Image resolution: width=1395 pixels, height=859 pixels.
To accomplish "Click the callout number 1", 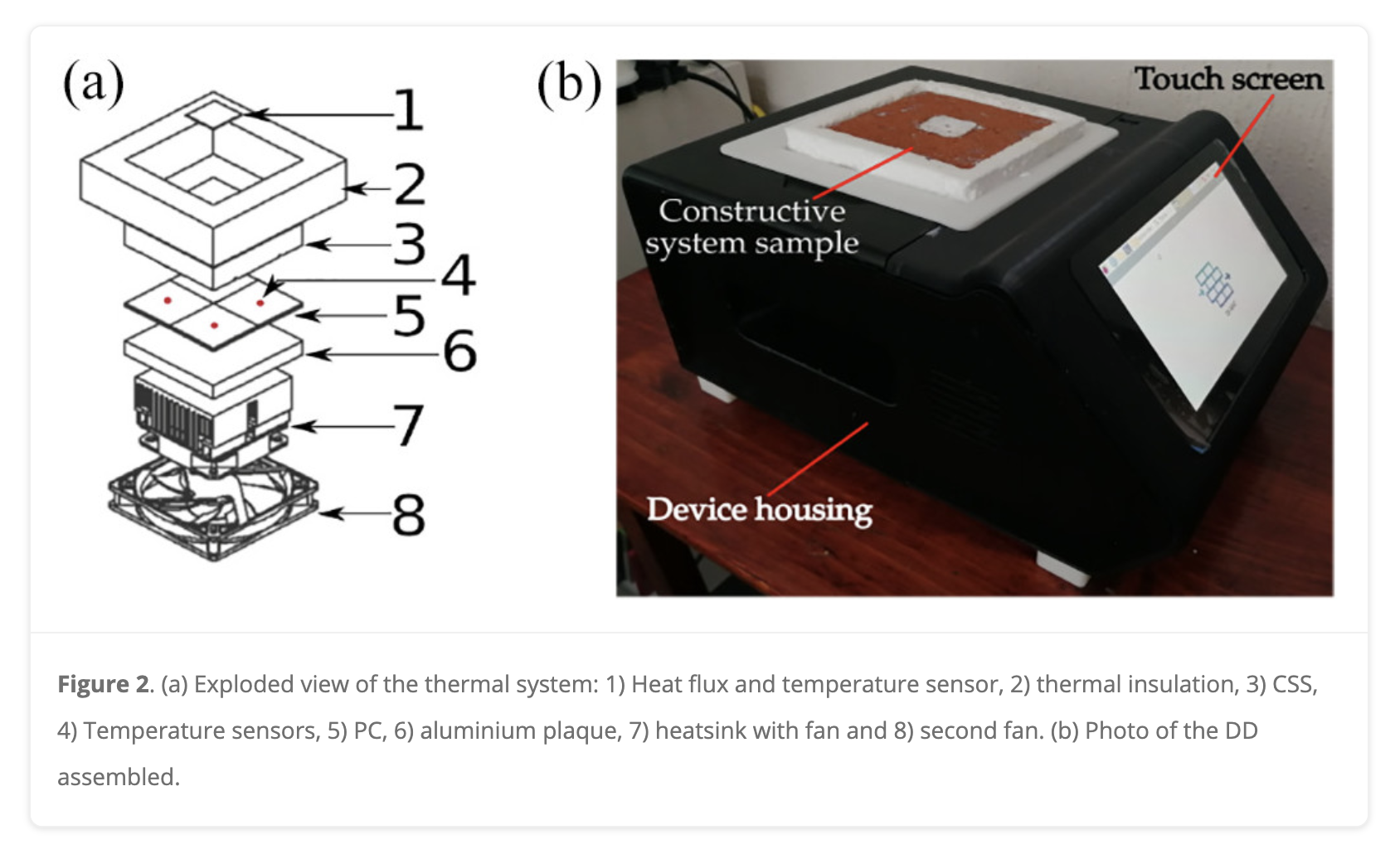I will tap(408, 111).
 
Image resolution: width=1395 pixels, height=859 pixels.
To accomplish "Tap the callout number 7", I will tap(407, 425).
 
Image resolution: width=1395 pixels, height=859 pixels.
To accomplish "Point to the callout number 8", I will tap(408, 515).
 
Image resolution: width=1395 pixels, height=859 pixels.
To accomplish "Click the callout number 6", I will tap(459, 351).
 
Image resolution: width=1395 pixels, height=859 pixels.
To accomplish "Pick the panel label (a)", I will tap(93, 84).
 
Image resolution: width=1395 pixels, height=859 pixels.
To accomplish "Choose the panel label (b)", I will tap(569, 85).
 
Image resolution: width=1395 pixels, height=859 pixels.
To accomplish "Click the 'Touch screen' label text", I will tap(1228, 80).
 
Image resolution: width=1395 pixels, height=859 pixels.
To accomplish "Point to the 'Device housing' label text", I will tap(759, 509).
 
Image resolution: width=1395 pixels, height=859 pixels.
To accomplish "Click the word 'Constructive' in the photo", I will tap(751, 211).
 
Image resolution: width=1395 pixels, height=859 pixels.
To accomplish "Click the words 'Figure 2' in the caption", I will tap(104, 685).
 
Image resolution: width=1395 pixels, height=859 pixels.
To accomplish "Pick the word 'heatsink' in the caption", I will tap(705, 731).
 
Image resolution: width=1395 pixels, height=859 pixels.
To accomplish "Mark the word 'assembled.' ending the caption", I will tap(119, 778).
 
